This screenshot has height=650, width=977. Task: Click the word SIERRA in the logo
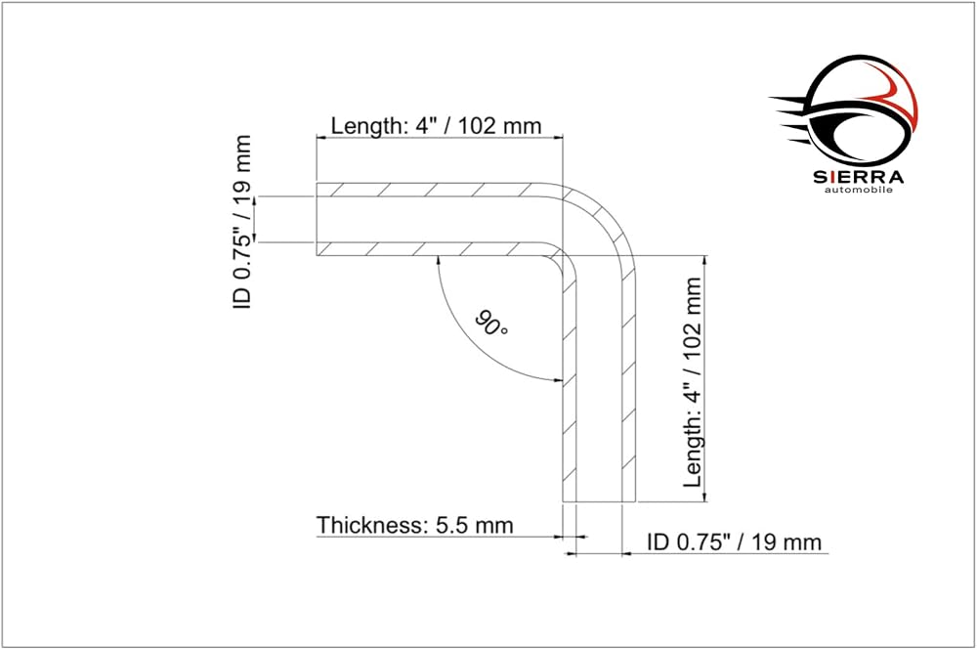[859, 177]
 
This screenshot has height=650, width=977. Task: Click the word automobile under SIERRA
[859, 190]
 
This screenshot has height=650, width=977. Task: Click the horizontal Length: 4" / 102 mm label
[436, 126]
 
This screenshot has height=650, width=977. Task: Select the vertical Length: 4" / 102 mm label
[693, 382]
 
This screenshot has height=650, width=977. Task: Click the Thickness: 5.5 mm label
[415, 525]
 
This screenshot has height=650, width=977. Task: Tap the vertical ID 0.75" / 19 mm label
[242, 222]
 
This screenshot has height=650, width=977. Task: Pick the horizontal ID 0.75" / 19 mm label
[735, 542]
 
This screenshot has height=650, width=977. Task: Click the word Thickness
[370, 525]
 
